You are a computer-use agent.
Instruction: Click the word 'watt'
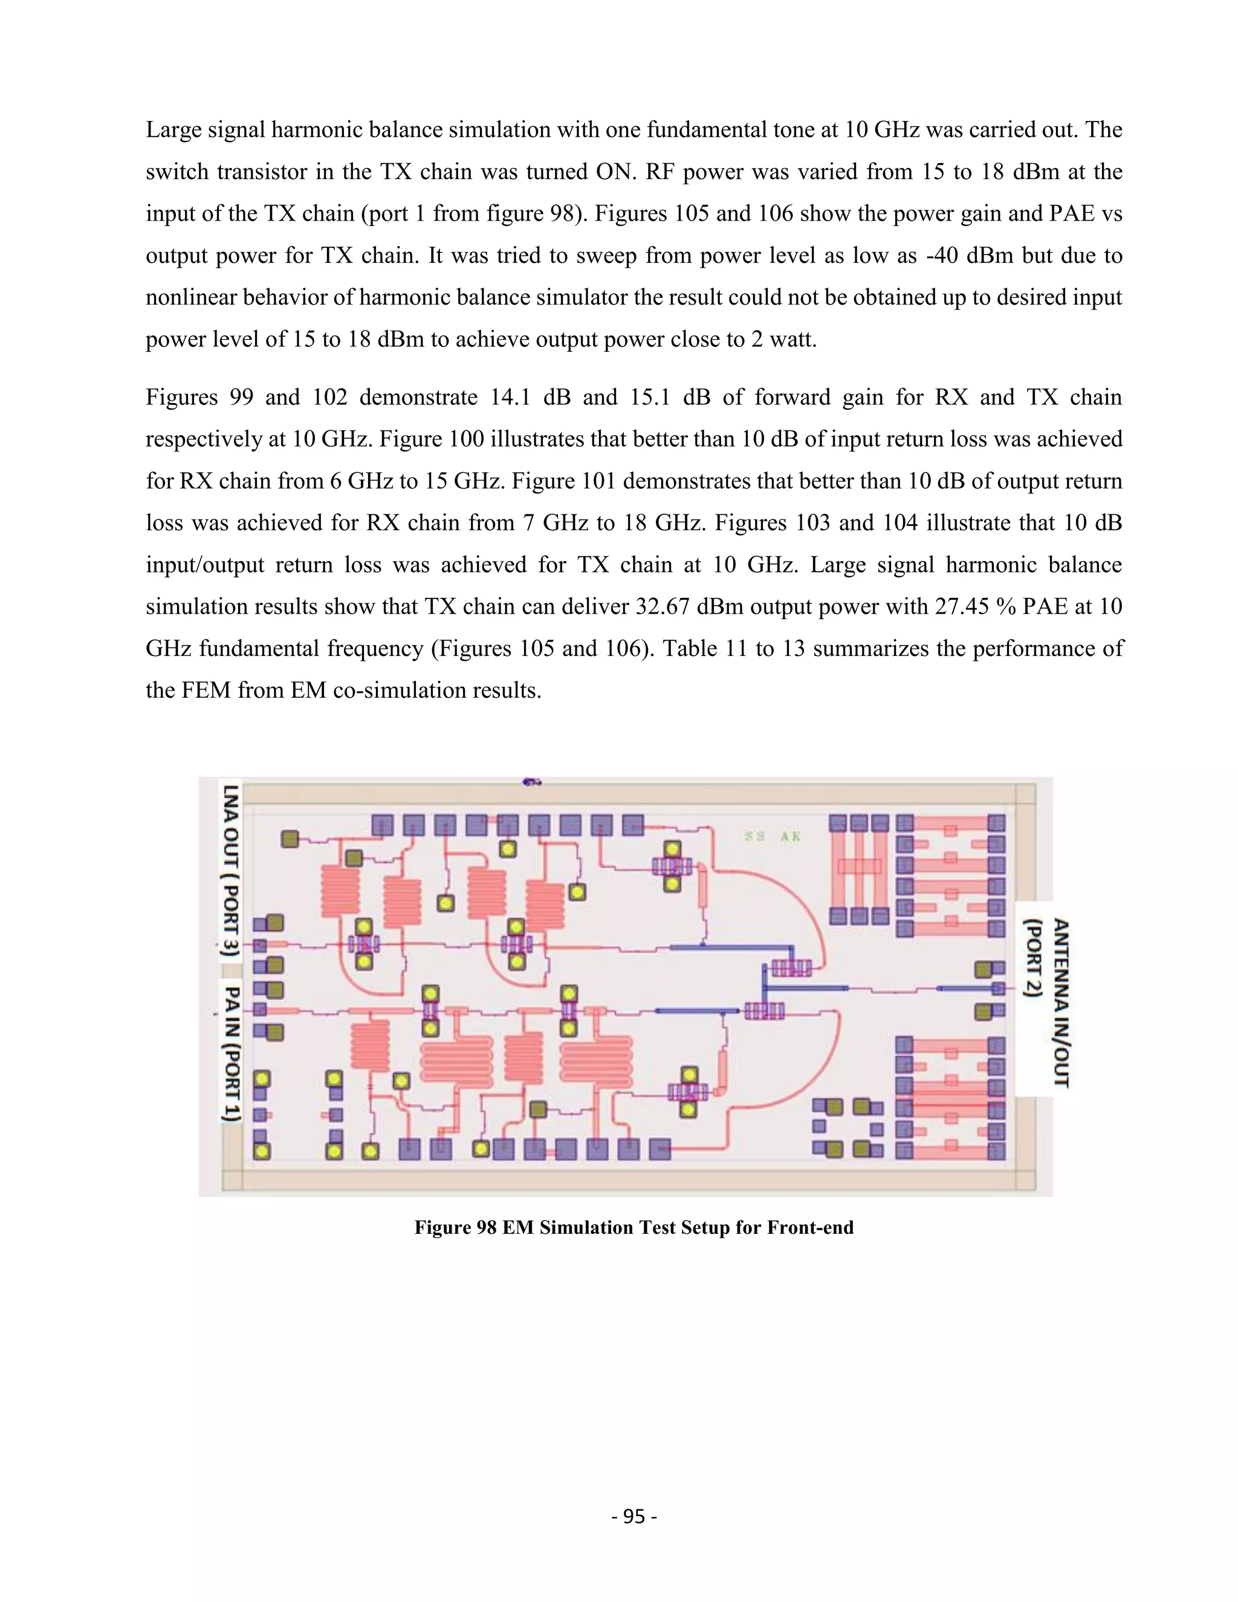791,340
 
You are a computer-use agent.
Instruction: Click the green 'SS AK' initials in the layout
773,836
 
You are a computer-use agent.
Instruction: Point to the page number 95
634,1516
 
